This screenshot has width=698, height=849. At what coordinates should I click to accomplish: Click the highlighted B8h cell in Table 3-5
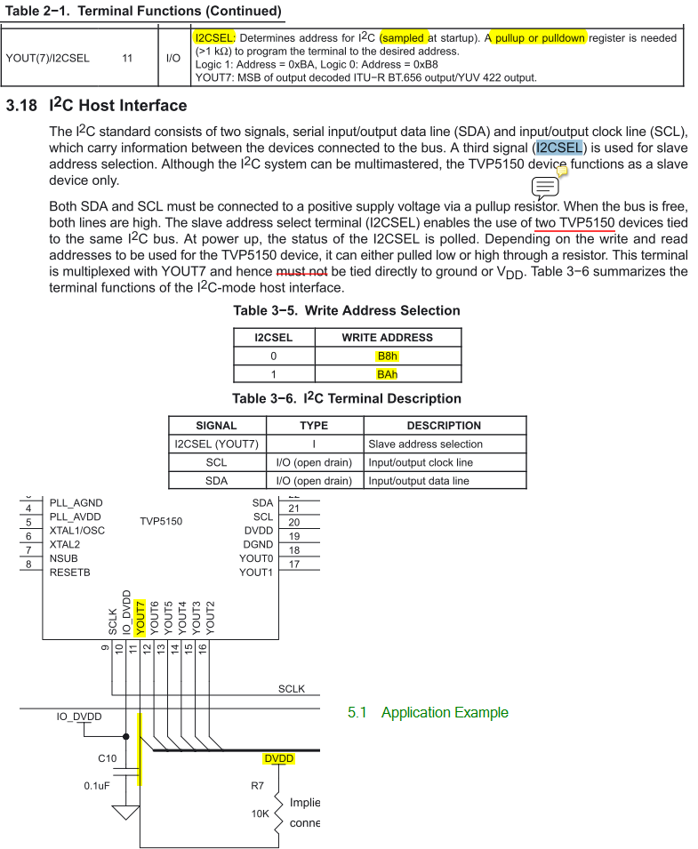coord(387,356)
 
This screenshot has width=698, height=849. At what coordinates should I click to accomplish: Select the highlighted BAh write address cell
coord(387,374)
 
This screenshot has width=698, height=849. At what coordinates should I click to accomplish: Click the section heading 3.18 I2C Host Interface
coord(96,106)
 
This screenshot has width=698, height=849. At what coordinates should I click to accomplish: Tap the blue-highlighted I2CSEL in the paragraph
coord(559,148)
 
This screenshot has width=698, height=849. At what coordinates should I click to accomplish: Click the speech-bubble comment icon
coord(545,187)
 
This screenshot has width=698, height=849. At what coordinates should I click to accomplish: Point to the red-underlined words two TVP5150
coord(575,222)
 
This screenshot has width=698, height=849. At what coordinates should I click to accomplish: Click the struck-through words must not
coord(302,271)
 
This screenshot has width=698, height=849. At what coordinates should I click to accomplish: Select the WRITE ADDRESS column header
coord(387,338)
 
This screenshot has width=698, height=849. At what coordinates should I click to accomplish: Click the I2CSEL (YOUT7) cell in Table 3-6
coord(216,444)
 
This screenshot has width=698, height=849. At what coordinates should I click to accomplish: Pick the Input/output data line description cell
coord(418,481)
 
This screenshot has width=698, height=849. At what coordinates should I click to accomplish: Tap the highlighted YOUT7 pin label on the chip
coord(140,614)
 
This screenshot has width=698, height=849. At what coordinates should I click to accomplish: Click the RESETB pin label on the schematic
coord(70,572)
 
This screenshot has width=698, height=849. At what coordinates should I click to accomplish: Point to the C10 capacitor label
coord(106,758)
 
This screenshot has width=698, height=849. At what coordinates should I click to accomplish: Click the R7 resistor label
coord(258,786)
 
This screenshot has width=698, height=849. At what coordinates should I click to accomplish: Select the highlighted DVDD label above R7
coord(278,758)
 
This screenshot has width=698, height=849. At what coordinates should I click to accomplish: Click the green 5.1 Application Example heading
coord(428,712)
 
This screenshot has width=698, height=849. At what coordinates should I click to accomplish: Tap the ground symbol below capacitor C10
coord(125,812)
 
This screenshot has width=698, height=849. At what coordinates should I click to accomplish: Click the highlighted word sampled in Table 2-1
coord(403,38)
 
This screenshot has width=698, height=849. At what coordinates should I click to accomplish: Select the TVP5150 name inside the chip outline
coord(161,521)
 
